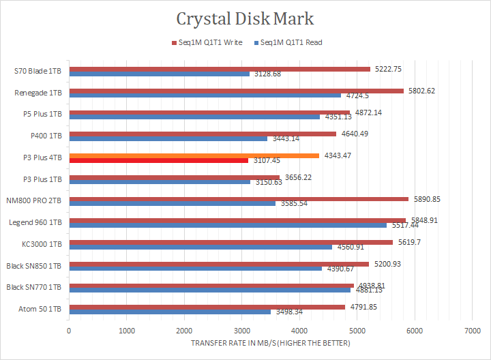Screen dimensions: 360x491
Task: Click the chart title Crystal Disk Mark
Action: click(x=245, y=18)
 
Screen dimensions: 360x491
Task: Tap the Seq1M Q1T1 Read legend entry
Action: click(x=288, y=42)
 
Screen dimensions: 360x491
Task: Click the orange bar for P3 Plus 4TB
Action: click(x=194, y=156)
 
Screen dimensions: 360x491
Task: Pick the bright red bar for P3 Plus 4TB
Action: click(x=158, y=161)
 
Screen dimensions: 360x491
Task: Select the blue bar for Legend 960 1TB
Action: click(x=228, y=225)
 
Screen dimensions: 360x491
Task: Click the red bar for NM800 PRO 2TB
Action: click(x=239, y=199)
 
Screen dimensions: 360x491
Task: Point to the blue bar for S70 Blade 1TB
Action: click(x=159, y=74)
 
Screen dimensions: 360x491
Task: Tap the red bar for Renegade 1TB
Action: click(x=236, y=91)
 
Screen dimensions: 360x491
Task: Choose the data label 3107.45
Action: click(x=267, y=161)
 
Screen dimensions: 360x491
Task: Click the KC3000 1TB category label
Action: click(x=42, y=244)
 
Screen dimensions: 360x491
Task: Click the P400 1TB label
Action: click(x=46, y=136)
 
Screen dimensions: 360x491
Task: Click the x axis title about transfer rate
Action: click(x=270, y=343)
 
